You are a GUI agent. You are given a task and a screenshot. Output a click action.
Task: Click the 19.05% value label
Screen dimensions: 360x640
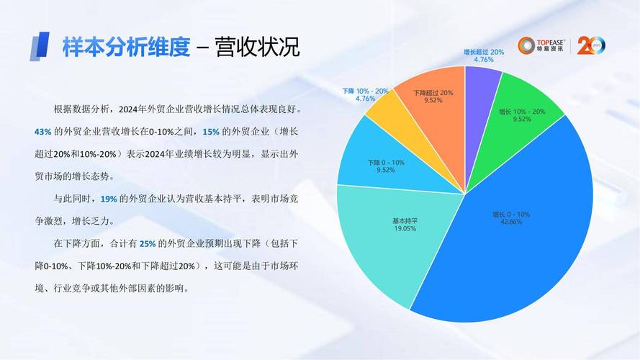404,228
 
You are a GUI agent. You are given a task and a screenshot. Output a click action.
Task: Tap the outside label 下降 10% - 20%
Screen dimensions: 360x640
365,91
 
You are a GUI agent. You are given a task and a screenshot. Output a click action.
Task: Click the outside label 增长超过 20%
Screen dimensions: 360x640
484,52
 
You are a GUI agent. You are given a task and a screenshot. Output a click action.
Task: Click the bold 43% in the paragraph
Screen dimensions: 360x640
42,132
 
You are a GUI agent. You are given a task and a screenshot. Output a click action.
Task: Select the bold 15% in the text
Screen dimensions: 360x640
211,132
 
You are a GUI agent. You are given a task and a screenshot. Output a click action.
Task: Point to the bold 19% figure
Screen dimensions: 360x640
109,199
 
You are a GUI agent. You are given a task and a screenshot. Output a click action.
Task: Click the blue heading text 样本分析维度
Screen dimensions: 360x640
126,48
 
